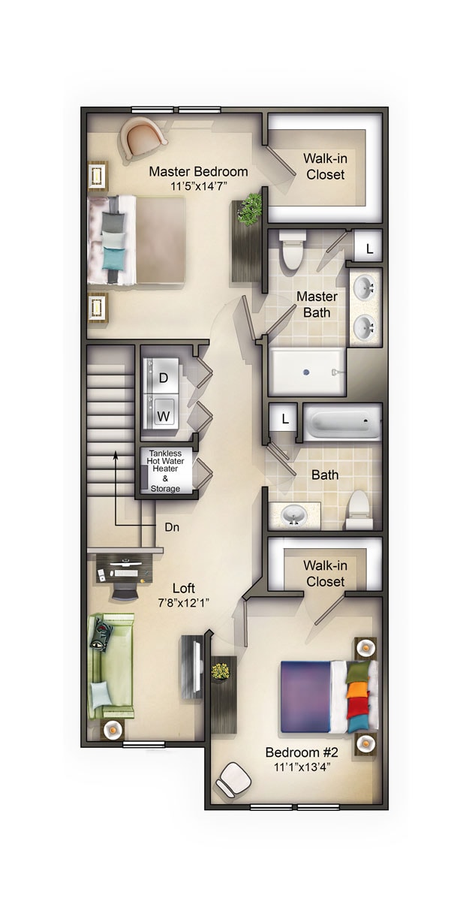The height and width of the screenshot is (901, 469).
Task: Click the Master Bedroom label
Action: pyautogui.click(x=198, y=170)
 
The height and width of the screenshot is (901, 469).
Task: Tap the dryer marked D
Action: pyautogui.click(x=164, y=378)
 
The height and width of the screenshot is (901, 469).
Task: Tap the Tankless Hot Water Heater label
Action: pyautogui.click(x=166, y=463)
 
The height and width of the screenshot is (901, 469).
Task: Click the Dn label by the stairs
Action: pyautogui.click(x=172, y=527)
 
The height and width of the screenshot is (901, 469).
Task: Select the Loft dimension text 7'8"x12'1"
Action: pyautogui.click(x=184, y=602)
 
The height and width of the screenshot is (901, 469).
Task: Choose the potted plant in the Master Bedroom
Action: pyautogui.click(x=250, y=208)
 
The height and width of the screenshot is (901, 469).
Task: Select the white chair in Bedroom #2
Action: pyautogui.click(x=233, y=781)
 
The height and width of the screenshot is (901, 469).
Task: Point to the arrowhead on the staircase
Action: pyautogui.click(x=115, y=454)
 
